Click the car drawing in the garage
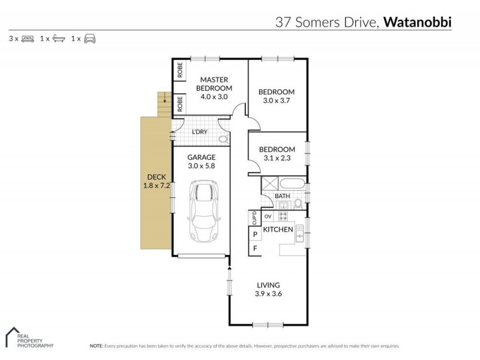(203, 211)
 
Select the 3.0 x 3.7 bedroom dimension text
(276, 101)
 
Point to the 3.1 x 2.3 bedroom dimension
(276, 158)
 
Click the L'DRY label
(199, 132)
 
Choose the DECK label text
(156, 178)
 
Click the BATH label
(281, 196)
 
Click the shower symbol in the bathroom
(268, 184)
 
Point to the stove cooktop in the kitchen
(283, 216)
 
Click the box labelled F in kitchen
(255, 248)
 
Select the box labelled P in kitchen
(255, 234)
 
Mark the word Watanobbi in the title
(418, 23)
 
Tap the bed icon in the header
(28, 38)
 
